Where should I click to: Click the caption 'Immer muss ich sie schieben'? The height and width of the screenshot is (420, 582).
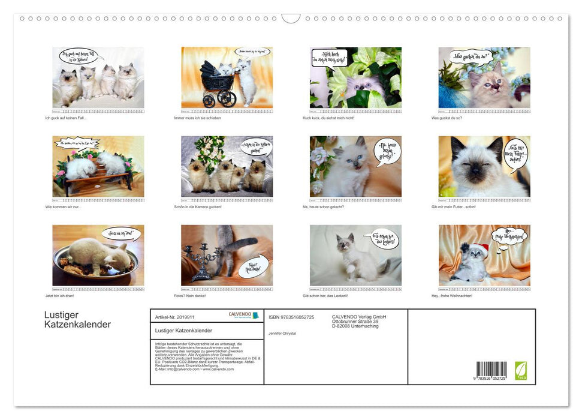197,118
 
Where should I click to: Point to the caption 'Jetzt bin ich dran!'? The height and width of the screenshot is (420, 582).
64,296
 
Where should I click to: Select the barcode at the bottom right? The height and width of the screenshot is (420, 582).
491,370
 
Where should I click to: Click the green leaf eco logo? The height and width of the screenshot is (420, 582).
521,369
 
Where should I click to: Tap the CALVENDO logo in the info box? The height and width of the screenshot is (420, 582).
243,315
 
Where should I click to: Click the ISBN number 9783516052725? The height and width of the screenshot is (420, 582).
291,317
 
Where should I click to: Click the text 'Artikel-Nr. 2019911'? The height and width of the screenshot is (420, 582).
174,316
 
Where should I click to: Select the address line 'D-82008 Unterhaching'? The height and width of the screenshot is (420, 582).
355,326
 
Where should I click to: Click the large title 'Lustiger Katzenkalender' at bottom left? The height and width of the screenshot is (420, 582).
77,320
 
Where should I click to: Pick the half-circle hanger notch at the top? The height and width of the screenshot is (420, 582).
291,19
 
